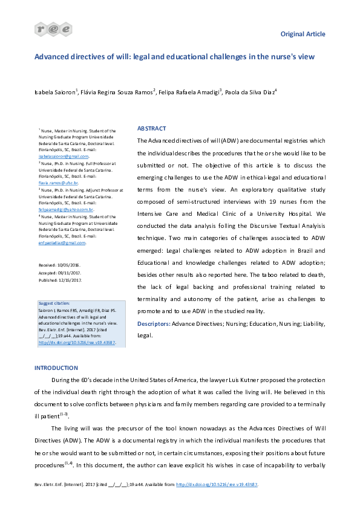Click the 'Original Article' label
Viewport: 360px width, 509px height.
tap(303, 34)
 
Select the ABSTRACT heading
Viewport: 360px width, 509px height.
tap(152, 129)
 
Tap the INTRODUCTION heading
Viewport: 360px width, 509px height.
tap(56, 368)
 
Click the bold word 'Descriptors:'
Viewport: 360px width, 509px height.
tap(154, 324)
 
